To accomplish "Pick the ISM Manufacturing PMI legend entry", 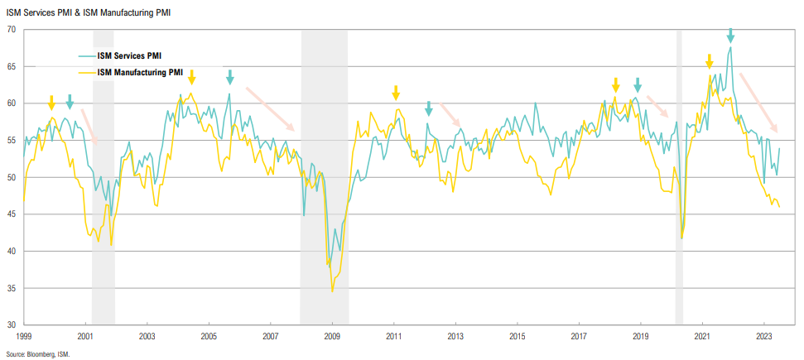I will pos(137,72).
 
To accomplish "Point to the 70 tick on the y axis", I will pos(12,30).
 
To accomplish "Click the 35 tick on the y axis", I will pos(12,288).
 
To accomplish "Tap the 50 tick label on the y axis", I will pos(12,177).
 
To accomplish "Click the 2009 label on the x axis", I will pos(332,337).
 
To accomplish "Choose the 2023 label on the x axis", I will pos(764,337).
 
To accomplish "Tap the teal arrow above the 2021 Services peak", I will pos(730,35).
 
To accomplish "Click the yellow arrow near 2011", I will pos(396,92).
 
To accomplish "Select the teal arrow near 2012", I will pos(428,108).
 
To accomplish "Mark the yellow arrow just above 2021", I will pos(710,62).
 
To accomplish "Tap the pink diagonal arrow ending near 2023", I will pos(758,103).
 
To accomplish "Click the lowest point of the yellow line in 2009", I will pos(332,290).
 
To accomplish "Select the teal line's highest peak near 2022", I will pos(730,47).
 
